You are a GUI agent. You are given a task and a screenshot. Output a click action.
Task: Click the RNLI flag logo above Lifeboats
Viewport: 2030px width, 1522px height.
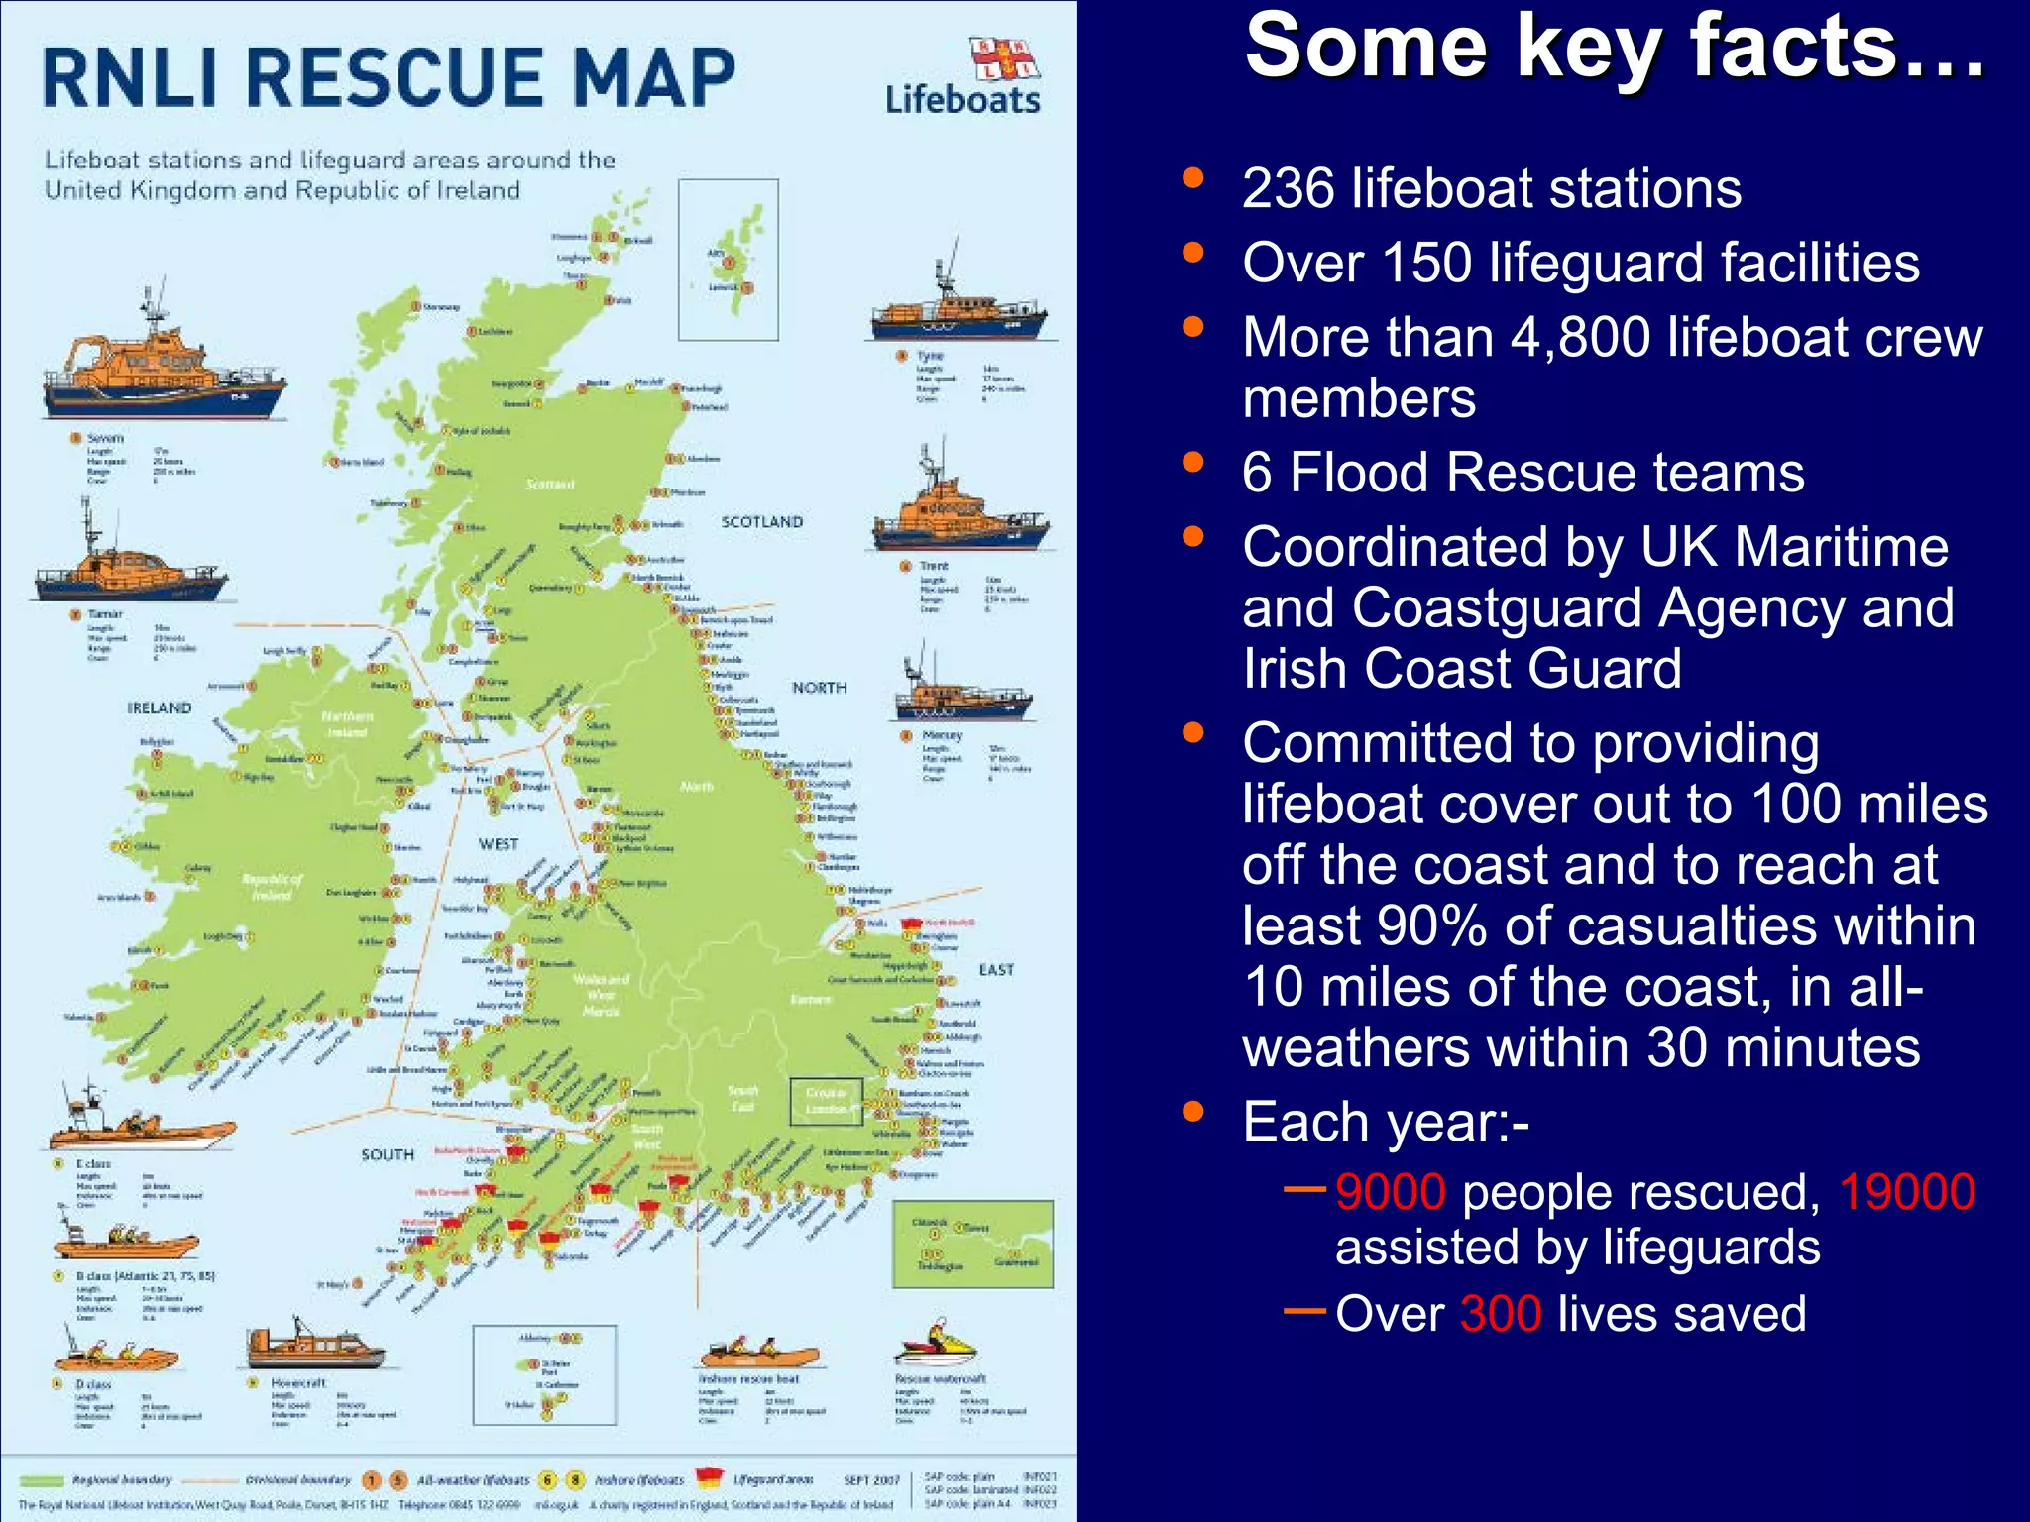coord(1003,58)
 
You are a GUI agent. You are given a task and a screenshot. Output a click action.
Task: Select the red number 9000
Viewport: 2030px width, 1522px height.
coord(1390,1192)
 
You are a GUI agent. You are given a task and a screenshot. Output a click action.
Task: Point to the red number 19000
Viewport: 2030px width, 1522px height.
coord(1907,1192)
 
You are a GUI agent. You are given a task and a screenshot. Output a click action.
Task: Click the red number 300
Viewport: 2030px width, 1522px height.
coord(1500,1314)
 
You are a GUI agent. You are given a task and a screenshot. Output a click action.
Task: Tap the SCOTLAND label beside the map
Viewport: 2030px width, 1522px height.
coord(761,522)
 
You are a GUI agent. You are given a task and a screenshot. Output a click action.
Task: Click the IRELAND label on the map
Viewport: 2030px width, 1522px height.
coord(159,708)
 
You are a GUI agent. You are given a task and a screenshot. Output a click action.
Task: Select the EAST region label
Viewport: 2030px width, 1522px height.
coord(996,970)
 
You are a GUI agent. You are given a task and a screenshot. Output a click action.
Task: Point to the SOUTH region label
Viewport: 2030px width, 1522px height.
coord(388,1155)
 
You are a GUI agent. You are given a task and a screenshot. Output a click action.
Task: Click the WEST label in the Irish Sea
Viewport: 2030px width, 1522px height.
coord(499,844)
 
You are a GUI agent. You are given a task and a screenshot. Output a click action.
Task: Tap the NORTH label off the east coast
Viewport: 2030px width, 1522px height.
coord(819,688)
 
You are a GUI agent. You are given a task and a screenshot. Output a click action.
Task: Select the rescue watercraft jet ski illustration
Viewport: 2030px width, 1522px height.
coord(936,1345)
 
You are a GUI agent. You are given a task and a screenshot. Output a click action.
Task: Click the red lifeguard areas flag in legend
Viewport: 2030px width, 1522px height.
coord(710,1478)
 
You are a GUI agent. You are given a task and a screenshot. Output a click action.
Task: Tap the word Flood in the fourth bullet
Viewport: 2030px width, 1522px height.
coord(1359,472)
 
